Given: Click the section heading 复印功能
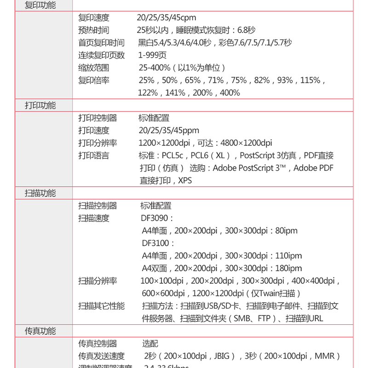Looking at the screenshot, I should pos(40,6).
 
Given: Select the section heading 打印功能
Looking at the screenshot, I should pos(40,105).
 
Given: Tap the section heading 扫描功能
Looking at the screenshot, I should pos(40,193).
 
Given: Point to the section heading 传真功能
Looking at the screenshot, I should pos(40,331).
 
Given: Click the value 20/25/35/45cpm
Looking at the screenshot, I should pos(166,18).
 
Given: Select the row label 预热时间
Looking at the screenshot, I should pos(94,30).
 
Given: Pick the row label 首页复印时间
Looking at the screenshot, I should pos(101,43).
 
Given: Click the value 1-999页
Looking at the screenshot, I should pos(152,55).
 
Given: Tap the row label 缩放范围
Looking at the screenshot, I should pos(94,68).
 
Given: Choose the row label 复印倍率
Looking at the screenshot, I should pos(94,80).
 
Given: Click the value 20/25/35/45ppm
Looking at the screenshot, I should pos(169,131).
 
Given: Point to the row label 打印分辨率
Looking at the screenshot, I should pos(98,143).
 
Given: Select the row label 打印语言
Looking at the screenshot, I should pos(94,155).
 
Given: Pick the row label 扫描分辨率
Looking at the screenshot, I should pos(98,281).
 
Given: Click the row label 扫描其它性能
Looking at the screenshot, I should pos(101,306).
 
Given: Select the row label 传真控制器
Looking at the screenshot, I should pos(98,344).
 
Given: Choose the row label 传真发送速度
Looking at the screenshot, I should pos(101,356).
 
